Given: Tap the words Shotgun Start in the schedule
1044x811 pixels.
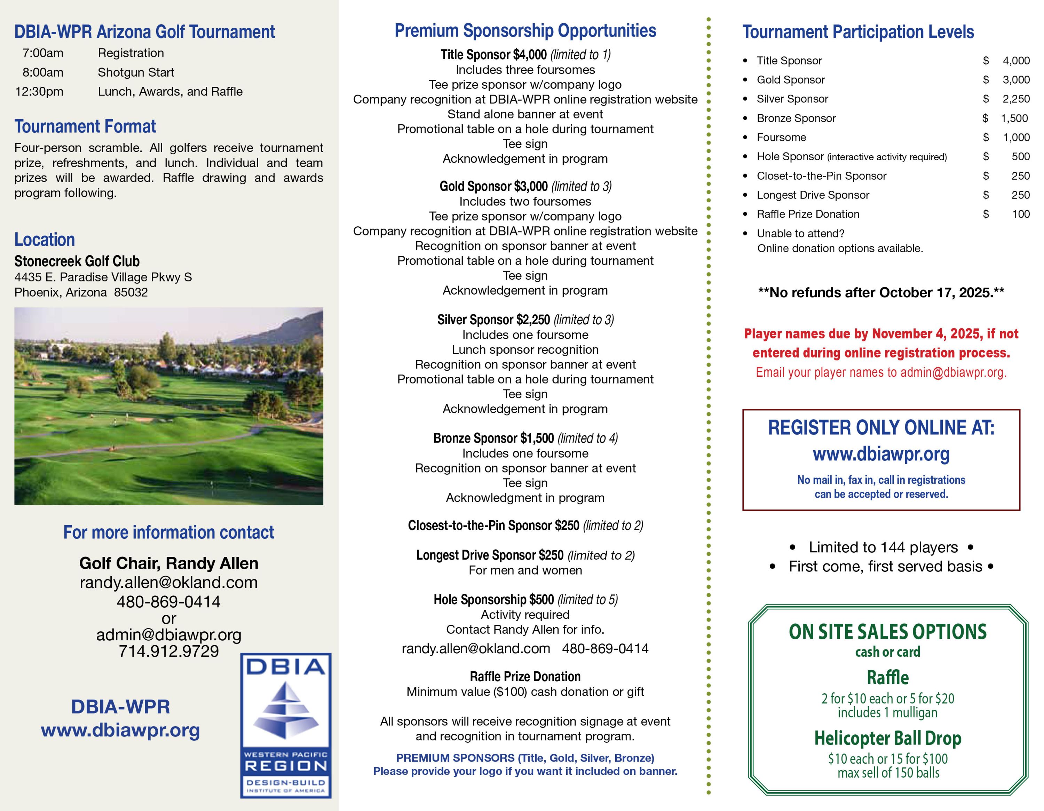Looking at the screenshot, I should [136, 72].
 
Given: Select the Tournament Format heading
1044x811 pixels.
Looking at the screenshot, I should [85, 126].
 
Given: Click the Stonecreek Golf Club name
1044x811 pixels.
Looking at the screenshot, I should [77, 261].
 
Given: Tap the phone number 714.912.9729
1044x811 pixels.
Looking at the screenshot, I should [168, 651].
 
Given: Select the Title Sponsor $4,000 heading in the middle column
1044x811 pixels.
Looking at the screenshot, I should [525, 55].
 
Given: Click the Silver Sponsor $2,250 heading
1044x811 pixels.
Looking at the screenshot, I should [525, 319].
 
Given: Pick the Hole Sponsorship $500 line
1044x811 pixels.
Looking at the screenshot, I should [525, 599].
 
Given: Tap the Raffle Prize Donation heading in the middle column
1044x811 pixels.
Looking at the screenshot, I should [525, 677].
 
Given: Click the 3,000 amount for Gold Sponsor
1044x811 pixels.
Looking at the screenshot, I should [1016, 80].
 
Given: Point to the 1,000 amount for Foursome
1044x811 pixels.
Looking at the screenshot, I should [1016, 138].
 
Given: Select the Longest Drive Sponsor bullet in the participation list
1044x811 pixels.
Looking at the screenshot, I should [813, 195].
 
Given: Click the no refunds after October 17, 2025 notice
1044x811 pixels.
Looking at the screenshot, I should [881, 293].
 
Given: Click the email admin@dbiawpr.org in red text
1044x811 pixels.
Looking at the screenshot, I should [953, 373].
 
